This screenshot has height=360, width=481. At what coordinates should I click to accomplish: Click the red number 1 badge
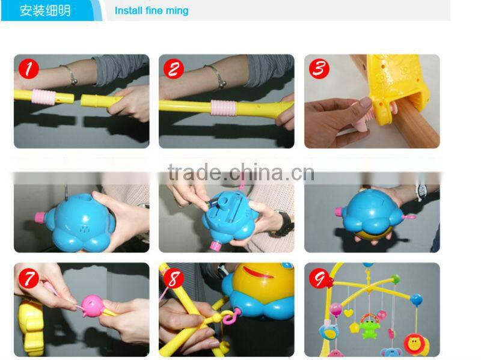(x=27, y=69)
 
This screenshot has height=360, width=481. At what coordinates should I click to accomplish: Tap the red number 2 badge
(x=173, y=69)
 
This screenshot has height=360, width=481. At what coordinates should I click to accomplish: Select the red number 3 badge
(x=319, y=69)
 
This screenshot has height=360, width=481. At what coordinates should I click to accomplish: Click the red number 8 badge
(x=173, y=278)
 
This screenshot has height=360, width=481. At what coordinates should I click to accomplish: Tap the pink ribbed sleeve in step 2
(x=223, y=109)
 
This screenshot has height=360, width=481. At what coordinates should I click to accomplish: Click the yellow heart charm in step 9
(x=349, y=313)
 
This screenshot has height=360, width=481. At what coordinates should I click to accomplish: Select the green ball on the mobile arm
(x=395, y=279)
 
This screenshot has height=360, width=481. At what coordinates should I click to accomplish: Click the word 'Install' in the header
(x=129, y=11)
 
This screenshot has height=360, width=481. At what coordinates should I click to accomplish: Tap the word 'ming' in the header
(x=177, y=11)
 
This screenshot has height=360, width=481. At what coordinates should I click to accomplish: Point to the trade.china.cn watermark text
(x=240, y=173)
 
